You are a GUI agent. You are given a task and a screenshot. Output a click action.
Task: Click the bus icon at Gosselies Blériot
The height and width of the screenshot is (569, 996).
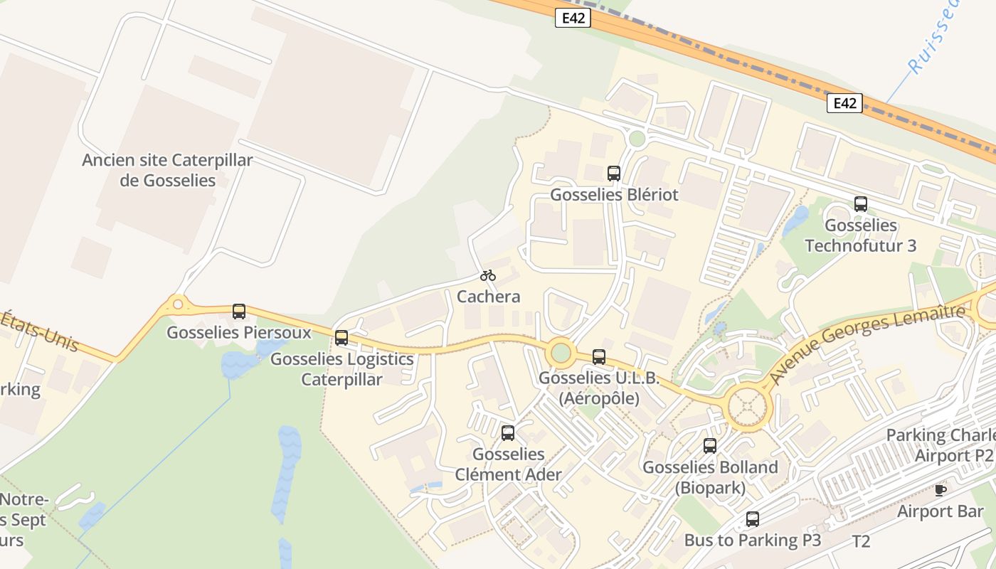click(614, 173)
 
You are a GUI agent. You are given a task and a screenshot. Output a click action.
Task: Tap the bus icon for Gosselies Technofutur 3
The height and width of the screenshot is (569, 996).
click(861, 204)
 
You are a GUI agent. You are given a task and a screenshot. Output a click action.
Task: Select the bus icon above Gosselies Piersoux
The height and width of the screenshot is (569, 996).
click(239, 312)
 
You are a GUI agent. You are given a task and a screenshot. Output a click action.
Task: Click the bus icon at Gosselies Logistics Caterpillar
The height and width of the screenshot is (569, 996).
click(341, 338)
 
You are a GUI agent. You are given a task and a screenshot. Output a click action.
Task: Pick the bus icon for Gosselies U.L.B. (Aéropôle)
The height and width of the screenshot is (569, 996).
click(599, 357)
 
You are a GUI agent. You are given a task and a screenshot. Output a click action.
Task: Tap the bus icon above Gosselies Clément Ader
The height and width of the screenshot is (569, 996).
click(508, 433)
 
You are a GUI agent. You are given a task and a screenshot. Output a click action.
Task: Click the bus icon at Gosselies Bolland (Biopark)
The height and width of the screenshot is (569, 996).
click(710, 446)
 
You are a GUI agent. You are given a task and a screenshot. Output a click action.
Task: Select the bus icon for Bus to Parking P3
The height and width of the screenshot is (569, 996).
click(753, 519)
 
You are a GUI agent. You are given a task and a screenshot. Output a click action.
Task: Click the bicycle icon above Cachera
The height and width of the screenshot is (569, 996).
click(487, 275)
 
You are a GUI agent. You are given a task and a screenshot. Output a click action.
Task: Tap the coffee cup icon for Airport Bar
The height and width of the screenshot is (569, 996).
click(941, 489)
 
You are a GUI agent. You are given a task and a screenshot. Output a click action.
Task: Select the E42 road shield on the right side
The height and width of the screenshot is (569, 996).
click(844, 103)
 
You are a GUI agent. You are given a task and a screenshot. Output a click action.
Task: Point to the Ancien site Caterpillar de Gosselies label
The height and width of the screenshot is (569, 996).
click(167, 170)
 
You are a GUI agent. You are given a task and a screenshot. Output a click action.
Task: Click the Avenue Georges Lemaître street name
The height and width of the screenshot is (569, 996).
click(869, 343)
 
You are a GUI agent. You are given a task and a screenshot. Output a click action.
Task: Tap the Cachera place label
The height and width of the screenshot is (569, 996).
click(488, 297)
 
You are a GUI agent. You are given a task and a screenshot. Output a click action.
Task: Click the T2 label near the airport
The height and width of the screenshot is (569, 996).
click(861, 542)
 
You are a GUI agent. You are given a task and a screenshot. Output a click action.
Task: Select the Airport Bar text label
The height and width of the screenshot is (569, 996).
click(940, 511)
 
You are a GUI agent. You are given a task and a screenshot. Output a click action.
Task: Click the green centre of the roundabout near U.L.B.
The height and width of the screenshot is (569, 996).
click(561, 352)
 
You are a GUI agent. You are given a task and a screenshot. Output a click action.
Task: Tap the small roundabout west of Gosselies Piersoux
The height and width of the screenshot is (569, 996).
click(178, 305)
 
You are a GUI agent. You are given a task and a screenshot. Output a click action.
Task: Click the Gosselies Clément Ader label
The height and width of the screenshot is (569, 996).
click(508, 464)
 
